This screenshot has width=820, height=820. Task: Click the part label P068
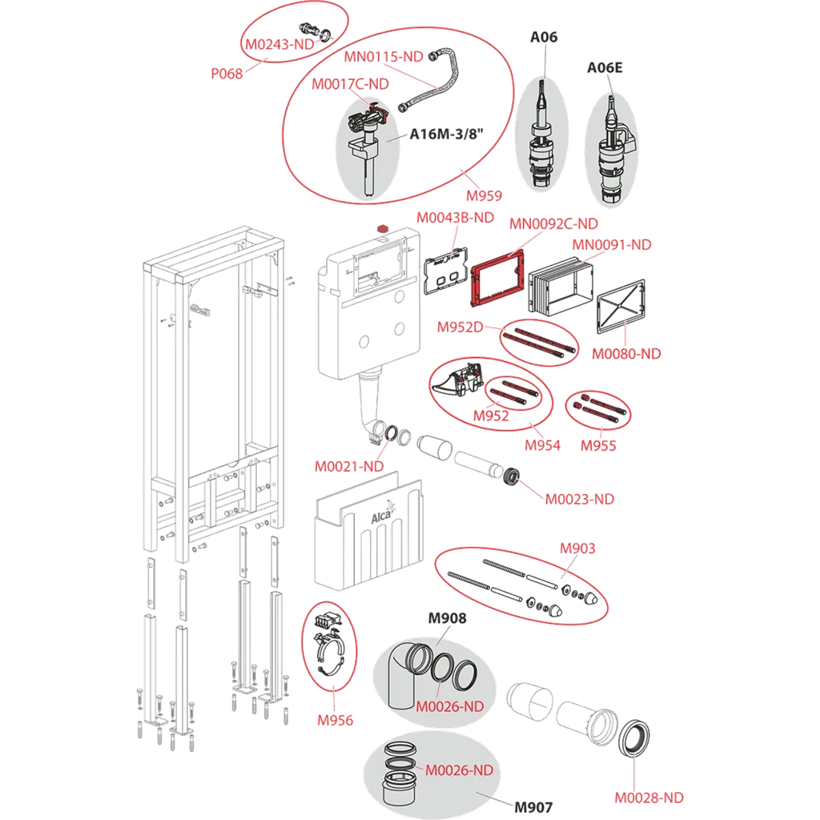click(x=227, y=74)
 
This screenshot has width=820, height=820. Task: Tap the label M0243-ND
click(x=279, y=45)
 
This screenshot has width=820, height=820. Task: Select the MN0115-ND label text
click(x=384, y=57)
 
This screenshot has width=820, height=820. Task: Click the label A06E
click(x=605, y=68)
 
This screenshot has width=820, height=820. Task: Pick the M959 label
click(x=485, y=195)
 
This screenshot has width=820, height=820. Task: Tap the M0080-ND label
click(x=626, y=354)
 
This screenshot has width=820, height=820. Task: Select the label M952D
click(x=459, y=327)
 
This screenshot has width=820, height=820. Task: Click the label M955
click(x=598, y=445)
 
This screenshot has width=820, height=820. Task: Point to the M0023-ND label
click(x=580, y=499)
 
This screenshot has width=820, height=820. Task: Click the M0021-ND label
click(x=348, y=466)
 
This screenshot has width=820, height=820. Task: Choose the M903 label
click(x=577, y=549)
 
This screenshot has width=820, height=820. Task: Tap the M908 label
click(x=447, y=618)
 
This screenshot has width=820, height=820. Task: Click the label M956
click(x=335, y=720)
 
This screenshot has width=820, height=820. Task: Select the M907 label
click(x=533, y=806)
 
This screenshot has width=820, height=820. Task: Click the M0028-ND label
click(x=649, y=798)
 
